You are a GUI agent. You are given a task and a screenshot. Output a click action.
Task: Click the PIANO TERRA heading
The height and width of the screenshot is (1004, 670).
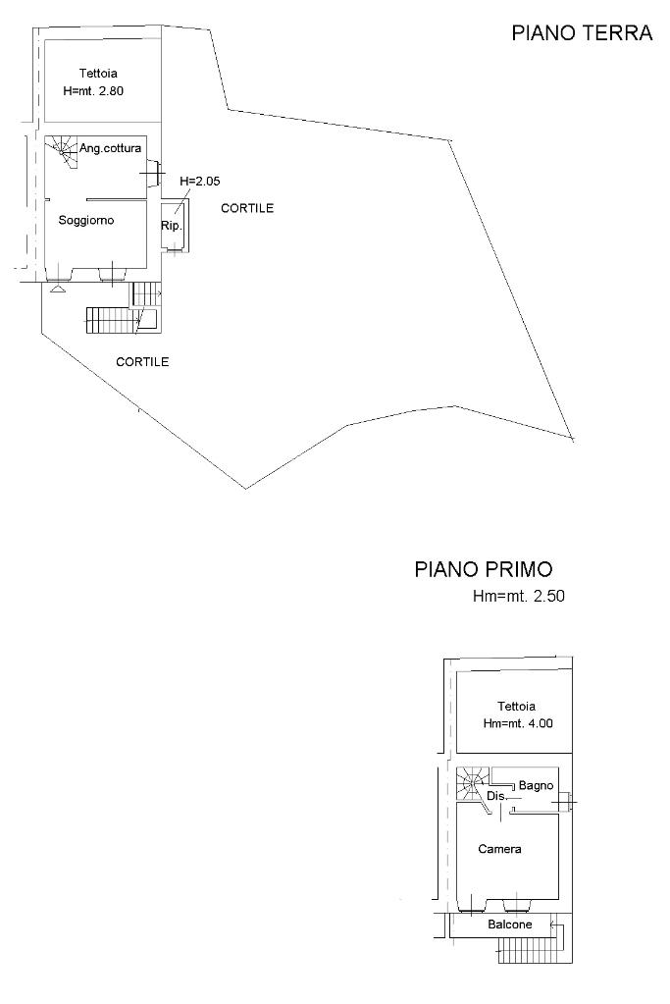582,33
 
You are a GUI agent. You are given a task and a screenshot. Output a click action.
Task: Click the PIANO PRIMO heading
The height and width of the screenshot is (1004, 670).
484,569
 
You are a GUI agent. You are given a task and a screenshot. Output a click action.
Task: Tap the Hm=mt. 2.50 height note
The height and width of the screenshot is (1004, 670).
520,596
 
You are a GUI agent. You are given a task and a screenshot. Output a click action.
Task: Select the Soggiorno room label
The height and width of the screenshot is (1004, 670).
86,221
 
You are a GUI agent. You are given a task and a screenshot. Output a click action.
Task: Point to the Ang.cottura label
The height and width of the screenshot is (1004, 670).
117,148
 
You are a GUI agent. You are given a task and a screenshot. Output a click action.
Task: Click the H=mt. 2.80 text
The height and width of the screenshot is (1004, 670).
92,90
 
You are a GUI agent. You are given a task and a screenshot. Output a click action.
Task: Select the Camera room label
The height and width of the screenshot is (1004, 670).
499,849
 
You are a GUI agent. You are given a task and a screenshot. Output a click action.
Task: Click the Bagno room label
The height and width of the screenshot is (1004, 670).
537,785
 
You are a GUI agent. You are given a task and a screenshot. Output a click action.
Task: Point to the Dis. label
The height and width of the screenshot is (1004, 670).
496,796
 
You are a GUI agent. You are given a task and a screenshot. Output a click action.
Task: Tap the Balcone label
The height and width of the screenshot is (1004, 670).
510,925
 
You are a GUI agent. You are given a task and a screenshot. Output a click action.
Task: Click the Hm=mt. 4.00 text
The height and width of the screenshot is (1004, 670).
518,723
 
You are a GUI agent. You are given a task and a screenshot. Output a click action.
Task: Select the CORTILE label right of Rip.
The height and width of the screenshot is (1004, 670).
247,208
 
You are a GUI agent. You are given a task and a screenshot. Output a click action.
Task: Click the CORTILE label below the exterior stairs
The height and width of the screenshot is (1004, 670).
142,362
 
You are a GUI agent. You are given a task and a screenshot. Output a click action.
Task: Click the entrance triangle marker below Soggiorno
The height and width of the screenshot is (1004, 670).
57,289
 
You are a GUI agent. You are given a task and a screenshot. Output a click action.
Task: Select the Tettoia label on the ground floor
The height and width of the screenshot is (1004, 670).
98,73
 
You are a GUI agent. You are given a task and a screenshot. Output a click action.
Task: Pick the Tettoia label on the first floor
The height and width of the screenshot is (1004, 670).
516,707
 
